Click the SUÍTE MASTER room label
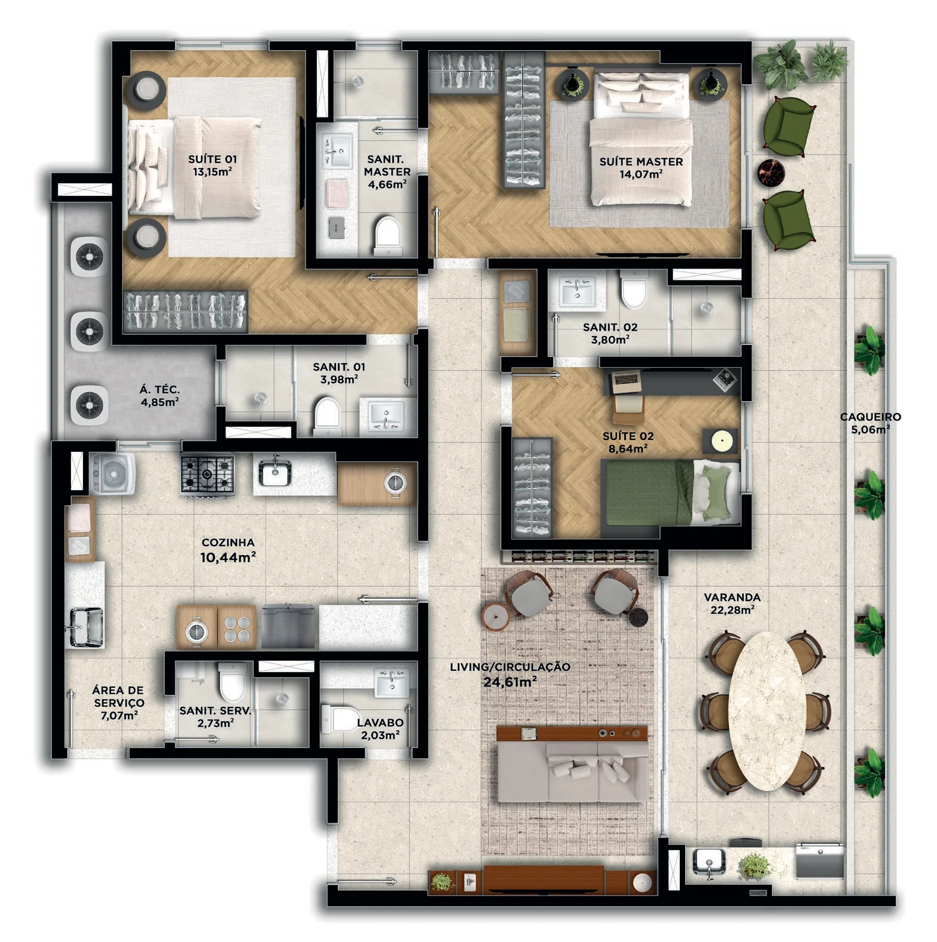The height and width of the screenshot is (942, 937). coord(641,162)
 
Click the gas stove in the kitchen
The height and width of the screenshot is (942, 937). coord(207,474)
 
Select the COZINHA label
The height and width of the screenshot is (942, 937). coord(228,543)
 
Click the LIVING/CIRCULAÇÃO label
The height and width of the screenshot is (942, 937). coord(510,667)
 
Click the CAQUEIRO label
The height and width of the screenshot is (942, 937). coord(871,417)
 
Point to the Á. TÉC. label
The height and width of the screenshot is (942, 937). coord(159,389)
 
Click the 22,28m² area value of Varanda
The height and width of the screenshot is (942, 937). coord(732,610)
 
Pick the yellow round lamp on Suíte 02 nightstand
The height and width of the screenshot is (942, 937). coord(720,442)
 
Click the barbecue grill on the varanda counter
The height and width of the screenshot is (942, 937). coord(820,860)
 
